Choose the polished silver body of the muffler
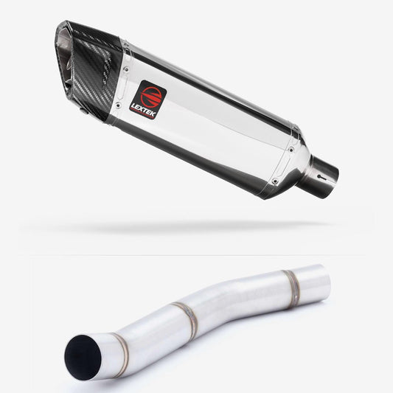click(214, 125)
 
